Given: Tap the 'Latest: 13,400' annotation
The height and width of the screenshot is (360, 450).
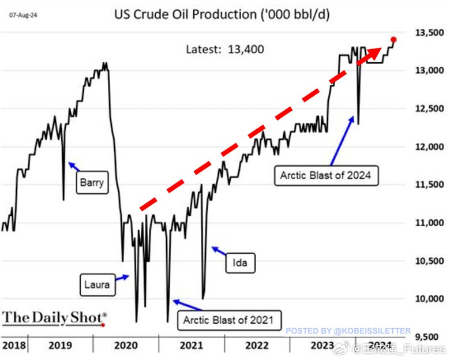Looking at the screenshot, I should coord(225,50).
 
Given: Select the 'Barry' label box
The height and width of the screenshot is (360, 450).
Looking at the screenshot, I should coord(92,183).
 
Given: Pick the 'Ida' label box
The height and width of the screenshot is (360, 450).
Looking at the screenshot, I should coord(239,264).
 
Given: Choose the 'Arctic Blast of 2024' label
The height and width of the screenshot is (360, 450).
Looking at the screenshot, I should coord(327,174).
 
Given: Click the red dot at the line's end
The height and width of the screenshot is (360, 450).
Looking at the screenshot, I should coord(393,39).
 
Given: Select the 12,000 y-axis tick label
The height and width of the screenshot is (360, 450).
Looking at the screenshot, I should coord(427,147).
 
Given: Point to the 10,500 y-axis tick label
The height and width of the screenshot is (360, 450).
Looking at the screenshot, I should coord(427,261).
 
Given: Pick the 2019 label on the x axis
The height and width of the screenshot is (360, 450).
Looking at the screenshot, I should coord(60,346).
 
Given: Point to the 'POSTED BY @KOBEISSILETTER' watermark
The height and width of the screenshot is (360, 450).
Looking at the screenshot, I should coord(348,331).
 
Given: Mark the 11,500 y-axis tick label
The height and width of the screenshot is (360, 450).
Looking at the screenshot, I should coord(427,185).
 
